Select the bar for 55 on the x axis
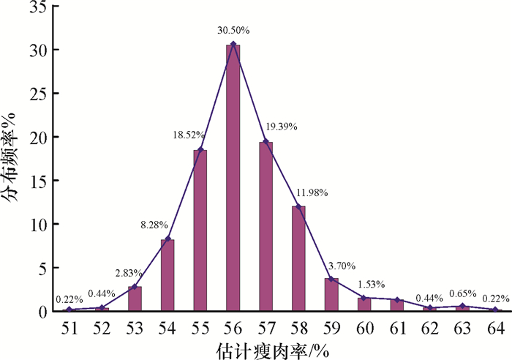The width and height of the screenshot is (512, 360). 200,230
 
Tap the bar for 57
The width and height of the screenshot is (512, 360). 266,227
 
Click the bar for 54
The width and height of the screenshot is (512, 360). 167,275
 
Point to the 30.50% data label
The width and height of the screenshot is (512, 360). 233,31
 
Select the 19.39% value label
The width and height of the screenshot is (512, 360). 281,126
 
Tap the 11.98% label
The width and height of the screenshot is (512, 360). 312,192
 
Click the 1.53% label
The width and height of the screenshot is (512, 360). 371,284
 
